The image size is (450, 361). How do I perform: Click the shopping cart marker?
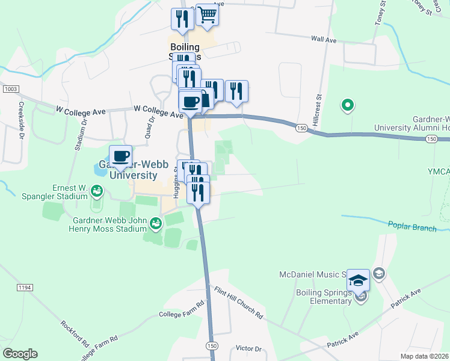207,14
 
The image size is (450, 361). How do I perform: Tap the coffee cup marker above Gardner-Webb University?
121,156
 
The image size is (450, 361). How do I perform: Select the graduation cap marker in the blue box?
358,280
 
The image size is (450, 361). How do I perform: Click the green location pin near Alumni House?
347,106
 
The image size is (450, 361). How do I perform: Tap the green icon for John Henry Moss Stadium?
155,224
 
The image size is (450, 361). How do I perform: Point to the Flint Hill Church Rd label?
239,302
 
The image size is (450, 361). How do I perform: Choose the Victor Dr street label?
249,348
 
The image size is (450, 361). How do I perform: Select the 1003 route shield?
10,89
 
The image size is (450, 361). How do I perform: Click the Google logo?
20,354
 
